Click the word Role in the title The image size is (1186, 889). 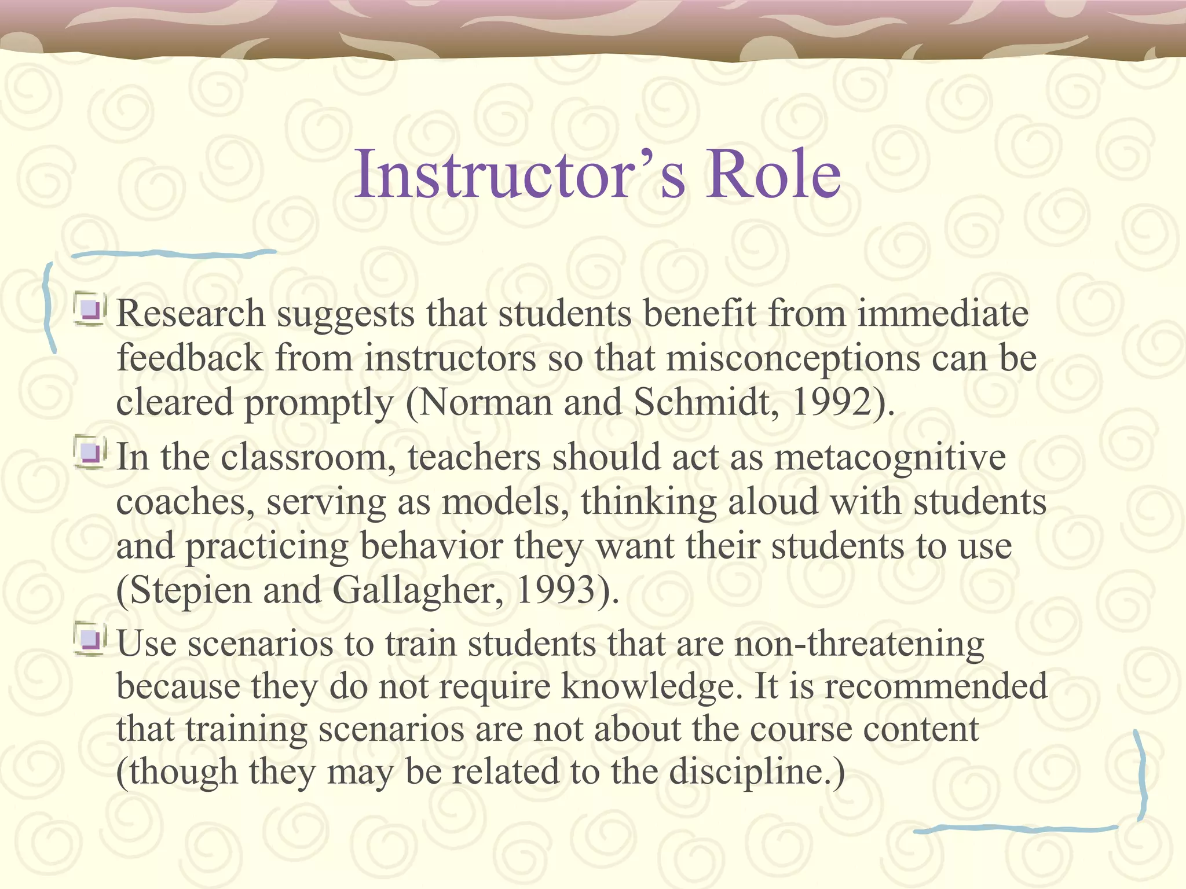(x=773, y=174)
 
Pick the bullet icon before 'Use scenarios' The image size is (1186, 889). (x=90, y=640)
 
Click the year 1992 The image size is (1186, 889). (x=830, y=402)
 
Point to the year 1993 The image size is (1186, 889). (x=555, y=590)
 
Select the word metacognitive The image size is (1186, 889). (x=890, y=457)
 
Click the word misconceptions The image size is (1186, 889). (x=793, y=358)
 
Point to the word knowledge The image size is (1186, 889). (x=651, y=687)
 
